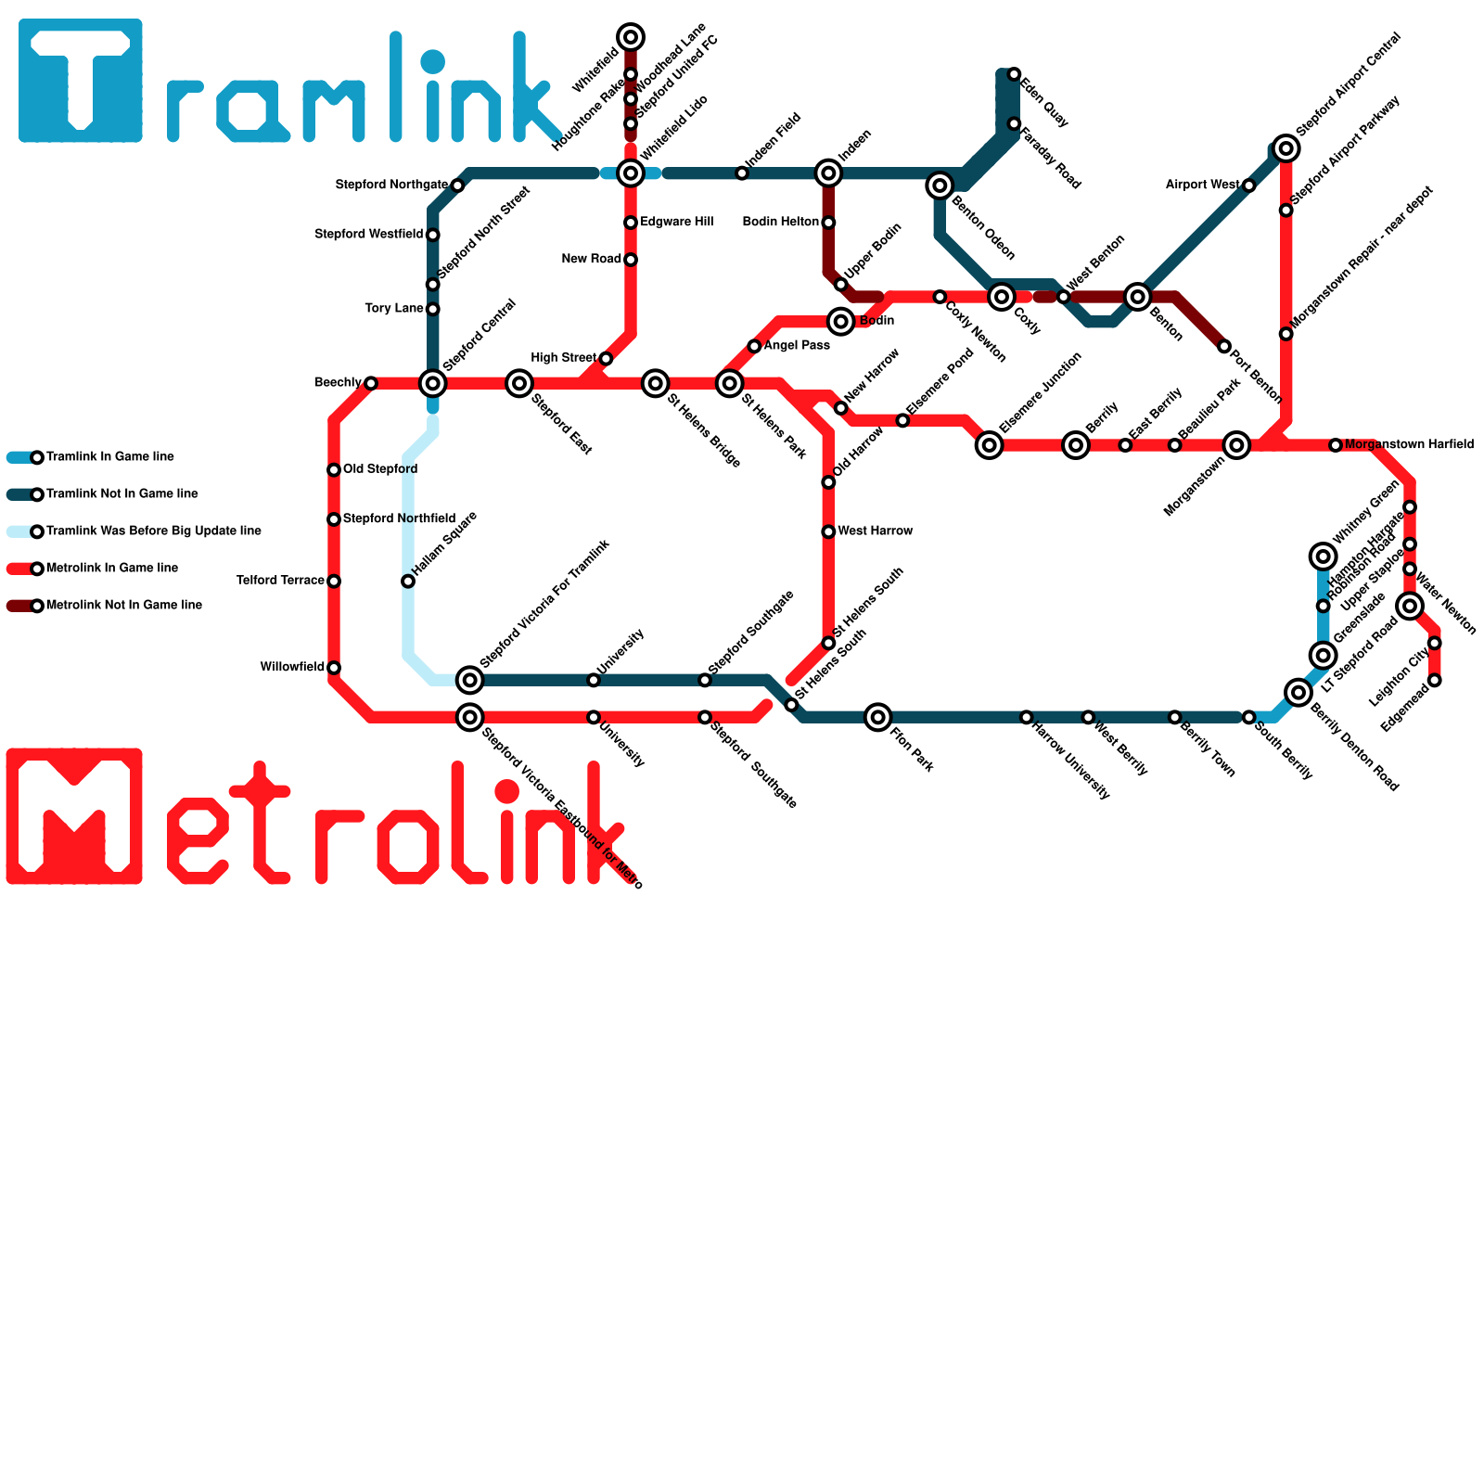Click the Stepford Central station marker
pos(433,383)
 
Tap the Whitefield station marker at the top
pos(631,37)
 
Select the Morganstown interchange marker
pos(1236,445)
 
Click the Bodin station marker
pos(841,322)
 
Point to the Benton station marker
pos(1138,297)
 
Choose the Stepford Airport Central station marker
pos(1286,148)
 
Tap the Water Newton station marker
pos(1410,607)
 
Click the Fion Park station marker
pos(878,717)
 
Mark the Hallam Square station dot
pos(408,582)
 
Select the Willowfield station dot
pos(334,668)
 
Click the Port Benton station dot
pos(1224,347)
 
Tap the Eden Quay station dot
pos(1014,74)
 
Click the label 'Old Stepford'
pos(380,469)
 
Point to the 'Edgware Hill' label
pos(676,223)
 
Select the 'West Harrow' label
pos(875,531)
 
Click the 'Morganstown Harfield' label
pos(1409,445)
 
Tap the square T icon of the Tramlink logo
pos(81,81)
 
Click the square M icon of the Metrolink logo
pos(74,816)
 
